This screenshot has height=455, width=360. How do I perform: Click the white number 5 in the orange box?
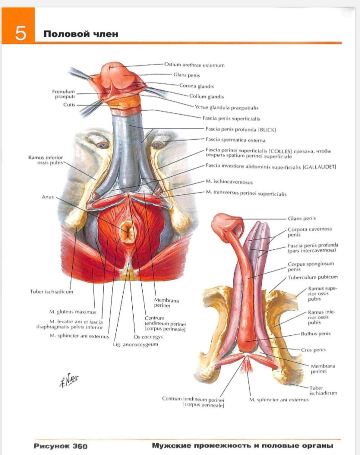(20, 33)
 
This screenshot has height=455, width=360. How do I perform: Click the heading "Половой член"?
(81, 34)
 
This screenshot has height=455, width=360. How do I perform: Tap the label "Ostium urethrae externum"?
(194, 65)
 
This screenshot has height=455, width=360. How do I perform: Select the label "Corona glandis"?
(196, 86)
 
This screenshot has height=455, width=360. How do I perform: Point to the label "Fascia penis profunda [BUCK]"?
(240, 129)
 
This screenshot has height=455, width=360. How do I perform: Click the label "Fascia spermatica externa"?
(235, 140)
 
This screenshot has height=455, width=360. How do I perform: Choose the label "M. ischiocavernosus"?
(229, 182)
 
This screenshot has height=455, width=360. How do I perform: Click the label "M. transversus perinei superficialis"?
(246, 193)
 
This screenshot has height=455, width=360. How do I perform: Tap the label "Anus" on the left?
(48, 197)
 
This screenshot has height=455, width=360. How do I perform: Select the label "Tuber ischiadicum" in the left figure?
(52, 292)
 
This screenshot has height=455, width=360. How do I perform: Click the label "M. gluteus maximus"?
(72, 312)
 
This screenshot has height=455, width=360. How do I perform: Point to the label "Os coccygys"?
(148, 337)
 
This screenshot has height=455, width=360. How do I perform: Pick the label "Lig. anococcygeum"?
(135, 344)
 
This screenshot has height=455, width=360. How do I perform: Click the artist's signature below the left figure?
(69, 380)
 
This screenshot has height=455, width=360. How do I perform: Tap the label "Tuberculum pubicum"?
(312, 277)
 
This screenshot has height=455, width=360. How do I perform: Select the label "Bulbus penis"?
(315, 334)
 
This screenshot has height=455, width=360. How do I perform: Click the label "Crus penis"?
(313, 350)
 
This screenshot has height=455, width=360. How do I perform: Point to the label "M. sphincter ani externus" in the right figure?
(279, 399)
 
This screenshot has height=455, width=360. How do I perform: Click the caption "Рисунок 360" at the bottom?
(60, 446)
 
